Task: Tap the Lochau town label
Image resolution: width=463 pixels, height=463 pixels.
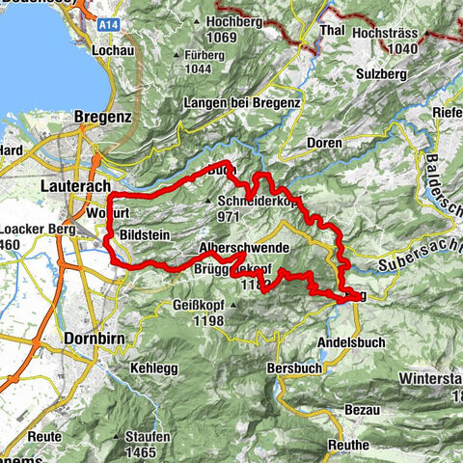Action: coord(113,47)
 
